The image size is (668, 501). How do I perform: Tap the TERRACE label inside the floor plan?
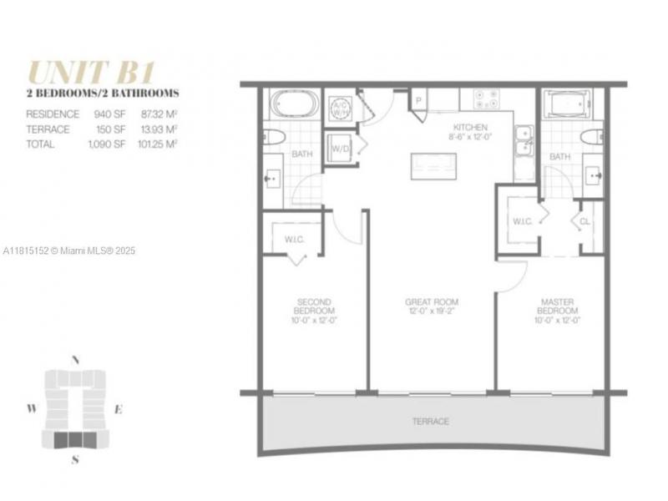tap(430, 422)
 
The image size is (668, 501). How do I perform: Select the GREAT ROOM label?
tap(431, 306)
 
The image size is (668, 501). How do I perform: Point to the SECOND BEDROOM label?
tap(314, 311)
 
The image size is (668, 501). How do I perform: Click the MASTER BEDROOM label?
tap(558, 311)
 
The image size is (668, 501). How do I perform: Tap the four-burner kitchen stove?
tap(487, 99)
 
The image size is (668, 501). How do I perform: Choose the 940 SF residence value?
tap(112, 114)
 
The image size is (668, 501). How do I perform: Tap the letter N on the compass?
tap(75, 360)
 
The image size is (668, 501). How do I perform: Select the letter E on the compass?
tap(119, 409)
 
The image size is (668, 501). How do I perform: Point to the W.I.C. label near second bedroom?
tap(294, 239)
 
